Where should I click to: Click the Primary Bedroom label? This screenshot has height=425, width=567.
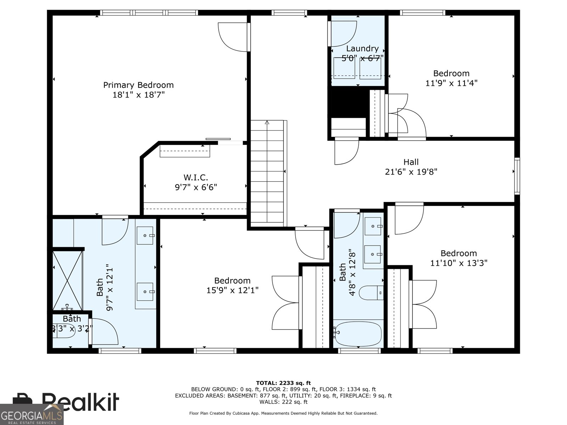point(138,85)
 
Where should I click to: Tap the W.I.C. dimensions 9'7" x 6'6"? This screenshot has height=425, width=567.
point(196,187)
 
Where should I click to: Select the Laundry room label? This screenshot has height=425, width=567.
point(362,49)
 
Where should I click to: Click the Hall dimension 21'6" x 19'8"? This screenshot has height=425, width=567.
point(411,172)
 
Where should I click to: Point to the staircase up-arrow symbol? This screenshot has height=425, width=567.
point(267,123)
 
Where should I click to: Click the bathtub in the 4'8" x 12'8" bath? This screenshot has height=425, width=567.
point(358,334)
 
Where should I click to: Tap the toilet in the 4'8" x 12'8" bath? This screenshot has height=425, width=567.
point(370,293)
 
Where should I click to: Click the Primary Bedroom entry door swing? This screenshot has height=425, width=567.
point(232,36)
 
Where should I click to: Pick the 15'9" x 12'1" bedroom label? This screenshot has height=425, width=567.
point(232,281)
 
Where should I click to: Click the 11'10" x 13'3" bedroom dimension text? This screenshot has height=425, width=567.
point(459,263)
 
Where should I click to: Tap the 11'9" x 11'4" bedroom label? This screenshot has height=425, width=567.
point(451,73)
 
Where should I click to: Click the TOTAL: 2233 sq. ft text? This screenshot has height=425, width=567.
point(283,383)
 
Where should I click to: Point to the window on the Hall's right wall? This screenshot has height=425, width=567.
point(517,176)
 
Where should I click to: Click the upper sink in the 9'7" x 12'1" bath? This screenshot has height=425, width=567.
point(145,236)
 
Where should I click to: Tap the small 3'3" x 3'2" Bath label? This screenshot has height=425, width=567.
point(72,319)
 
